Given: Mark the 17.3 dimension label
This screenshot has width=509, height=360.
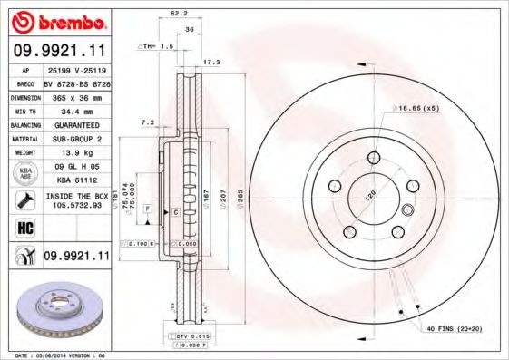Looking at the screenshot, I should [x=210, y=62].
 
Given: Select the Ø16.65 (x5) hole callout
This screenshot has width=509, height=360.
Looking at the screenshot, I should [x=416, y=108].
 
